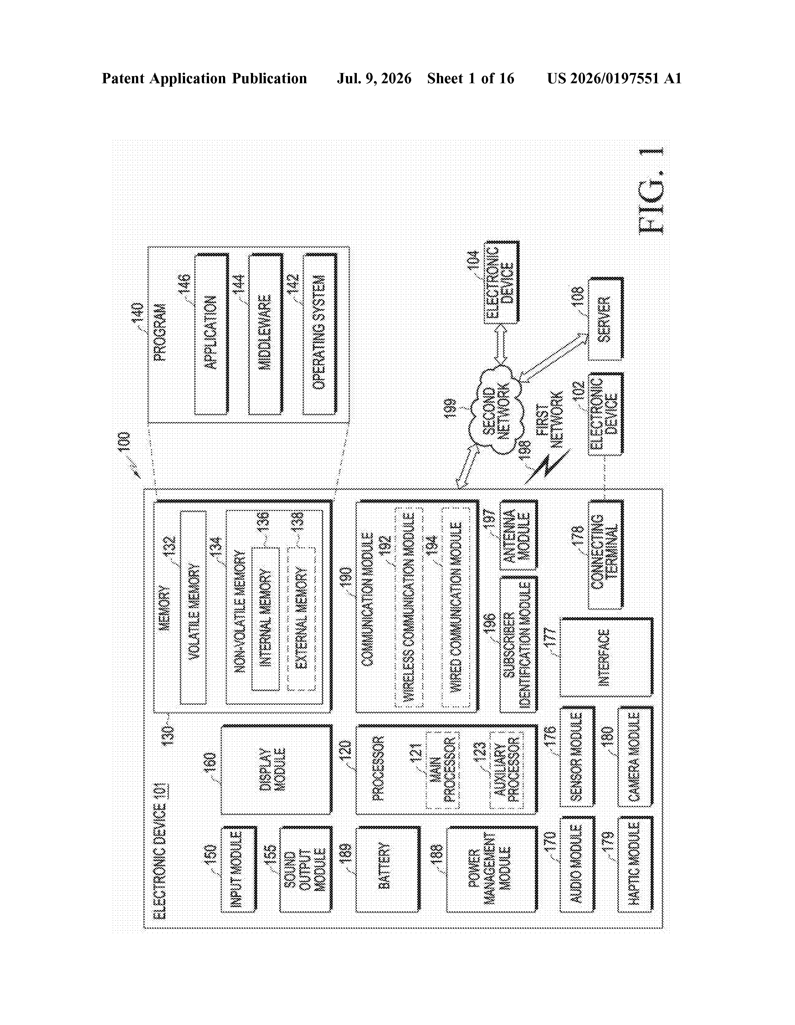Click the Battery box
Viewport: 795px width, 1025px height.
tap(388, 869)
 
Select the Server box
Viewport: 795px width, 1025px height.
tap(605, 319)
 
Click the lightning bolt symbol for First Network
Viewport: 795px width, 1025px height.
tap(548, 466)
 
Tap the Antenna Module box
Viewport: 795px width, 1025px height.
tap(518, 535)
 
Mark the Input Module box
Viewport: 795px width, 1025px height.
tap(239, 869)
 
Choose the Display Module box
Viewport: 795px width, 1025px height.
tap(276, 770)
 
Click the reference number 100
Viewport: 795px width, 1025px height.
tap(124, 442)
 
